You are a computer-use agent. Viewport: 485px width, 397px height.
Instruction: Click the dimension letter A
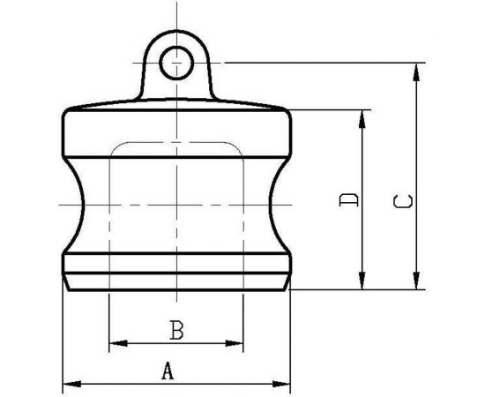(x=167, y=372)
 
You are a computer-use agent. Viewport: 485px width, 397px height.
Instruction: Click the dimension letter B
(x=175, y=331)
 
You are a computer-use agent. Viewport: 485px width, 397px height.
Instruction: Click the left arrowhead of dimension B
(x=113, y=342)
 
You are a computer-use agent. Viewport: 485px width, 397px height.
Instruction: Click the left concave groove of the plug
(x=81, y=204)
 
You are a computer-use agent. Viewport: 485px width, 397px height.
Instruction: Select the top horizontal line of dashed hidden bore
(x=176, y=142)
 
